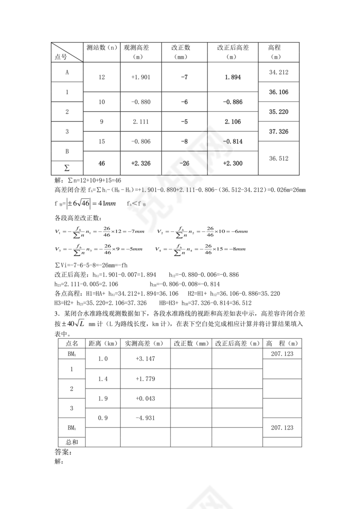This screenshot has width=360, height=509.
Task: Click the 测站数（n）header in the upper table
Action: pos(101,48)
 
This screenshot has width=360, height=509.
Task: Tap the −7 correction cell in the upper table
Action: pos(184,77)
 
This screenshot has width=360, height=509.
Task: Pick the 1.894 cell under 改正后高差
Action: pos(232,77)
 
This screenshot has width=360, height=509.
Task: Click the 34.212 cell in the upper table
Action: pos(278,72)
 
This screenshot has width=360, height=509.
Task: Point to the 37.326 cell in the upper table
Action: pos(278,131)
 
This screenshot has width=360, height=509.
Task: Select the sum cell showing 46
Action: pos(102,163)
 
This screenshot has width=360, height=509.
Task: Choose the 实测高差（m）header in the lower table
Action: pos(144,343)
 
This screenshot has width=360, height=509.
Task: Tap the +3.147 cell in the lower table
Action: pos(144,359)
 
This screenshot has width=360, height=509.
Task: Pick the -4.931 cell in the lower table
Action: pos(144,418)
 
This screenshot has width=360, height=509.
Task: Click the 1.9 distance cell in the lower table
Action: pos(103,398)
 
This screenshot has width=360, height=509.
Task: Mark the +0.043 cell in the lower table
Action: pos(144,398)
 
